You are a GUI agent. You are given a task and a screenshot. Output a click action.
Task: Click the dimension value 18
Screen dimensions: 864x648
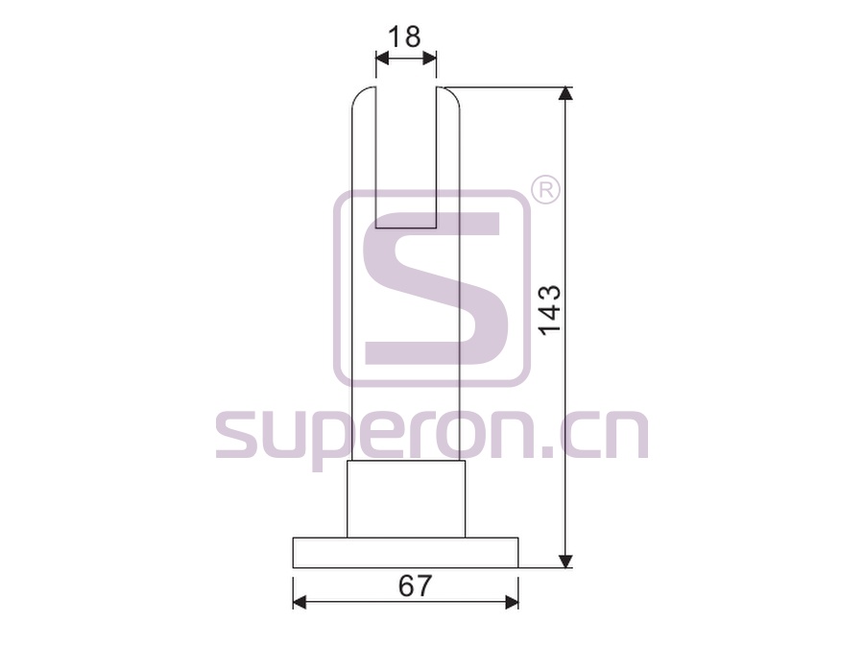(x=404, y=36)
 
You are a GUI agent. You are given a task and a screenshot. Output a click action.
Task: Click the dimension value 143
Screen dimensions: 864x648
(x=549, y=310)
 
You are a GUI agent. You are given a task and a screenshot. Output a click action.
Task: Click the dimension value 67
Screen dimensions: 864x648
(x=415, y=586)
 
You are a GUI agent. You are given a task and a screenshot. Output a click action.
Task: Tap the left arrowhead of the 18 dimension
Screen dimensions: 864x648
(x=382, y=58)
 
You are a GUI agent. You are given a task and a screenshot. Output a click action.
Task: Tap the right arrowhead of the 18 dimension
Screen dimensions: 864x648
(x=430, y=58)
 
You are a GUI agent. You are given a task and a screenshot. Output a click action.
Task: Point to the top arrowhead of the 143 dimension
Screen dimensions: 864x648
(x=564, y=94)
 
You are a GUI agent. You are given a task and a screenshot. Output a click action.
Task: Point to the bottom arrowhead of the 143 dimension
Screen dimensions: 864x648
(x=564, y=561)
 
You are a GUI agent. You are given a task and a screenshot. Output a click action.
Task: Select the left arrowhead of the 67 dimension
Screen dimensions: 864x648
(x=300, y=602)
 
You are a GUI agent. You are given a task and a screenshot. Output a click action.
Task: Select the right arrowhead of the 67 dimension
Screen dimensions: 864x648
(x=512, y=602)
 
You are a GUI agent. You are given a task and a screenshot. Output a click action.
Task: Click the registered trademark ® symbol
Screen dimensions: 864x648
(x=545, y=191)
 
